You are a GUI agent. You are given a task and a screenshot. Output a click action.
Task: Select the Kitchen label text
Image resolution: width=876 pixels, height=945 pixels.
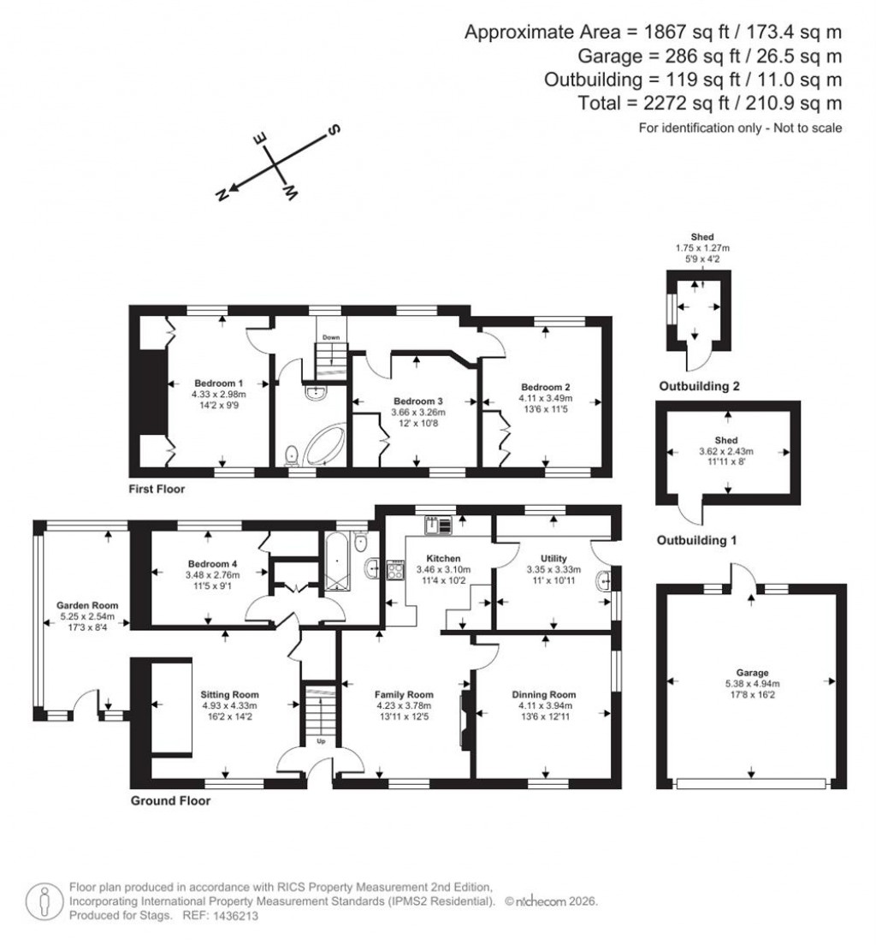(444, 558)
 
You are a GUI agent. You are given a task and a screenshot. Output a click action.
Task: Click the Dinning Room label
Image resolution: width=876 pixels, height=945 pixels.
(544, 694)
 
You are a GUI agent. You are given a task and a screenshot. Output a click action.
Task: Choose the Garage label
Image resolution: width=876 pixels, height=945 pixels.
(752, 673)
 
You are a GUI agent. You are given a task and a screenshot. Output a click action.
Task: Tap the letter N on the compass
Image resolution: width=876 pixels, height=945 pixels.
(222, 195)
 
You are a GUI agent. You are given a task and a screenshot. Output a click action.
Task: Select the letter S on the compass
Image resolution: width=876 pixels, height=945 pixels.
(334, 129)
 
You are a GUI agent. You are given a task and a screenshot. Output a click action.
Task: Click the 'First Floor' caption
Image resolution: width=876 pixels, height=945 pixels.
(157, 490)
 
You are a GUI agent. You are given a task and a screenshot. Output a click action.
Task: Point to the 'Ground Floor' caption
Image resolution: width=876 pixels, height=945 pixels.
(170, 801)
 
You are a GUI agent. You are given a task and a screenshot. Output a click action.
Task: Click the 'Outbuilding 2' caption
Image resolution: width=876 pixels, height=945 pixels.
(699, 386)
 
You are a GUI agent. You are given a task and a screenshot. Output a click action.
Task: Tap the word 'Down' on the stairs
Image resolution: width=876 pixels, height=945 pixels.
(330, 338)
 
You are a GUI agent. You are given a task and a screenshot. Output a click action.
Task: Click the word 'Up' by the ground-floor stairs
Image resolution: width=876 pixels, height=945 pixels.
(321, 741)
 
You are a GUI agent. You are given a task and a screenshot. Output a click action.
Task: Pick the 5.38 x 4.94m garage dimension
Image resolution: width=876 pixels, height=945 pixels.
(752, 684)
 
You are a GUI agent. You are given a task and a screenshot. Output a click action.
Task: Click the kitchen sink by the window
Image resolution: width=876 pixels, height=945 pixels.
(437, 524)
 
